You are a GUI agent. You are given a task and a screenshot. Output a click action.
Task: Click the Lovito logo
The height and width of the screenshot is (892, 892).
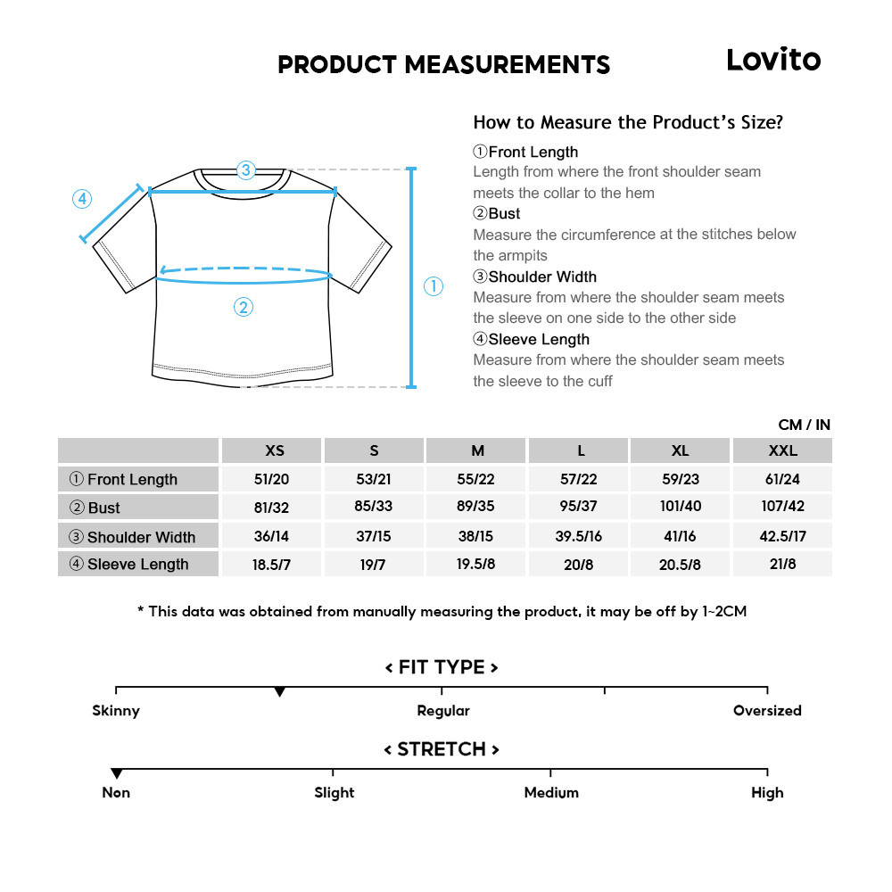point(772,60)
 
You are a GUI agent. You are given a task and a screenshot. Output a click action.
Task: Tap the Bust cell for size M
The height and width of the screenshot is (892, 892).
point(477,507)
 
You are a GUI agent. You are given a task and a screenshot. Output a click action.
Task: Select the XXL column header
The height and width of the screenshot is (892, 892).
point(782,450)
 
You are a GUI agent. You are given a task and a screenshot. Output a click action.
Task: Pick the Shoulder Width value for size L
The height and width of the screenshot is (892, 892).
point(581,536)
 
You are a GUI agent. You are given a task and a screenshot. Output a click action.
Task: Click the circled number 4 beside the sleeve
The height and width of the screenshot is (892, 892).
point(82,199)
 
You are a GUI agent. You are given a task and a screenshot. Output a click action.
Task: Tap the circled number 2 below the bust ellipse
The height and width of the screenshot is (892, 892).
point(244,308)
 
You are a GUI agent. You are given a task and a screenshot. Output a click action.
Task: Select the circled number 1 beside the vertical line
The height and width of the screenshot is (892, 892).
point(433,286)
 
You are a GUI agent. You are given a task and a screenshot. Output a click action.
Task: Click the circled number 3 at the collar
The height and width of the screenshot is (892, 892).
point(246,169)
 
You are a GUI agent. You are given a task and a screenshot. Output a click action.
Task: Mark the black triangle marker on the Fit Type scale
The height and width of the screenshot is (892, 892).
point(280,692)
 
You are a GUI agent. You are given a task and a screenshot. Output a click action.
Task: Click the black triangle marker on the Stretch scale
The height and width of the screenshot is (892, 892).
point(116,773)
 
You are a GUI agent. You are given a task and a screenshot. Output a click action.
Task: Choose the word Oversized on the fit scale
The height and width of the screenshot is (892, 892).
point(767,711)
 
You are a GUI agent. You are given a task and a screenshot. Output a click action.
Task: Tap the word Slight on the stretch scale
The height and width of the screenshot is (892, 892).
point(334,792)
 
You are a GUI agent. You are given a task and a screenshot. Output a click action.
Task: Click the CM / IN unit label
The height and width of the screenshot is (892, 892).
point(804,425)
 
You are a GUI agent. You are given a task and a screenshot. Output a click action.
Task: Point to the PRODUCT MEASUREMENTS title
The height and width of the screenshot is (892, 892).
point(443,64)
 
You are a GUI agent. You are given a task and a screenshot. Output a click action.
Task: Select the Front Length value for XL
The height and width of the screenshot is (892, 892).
point(681,479)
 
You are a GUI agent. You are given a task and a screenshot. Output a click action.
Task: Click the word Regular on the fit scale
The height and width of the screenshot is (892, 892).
point(443,711)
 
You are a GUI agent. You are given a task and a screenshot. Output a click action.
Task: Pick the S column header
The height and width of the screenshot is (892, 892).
point(374,450)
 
